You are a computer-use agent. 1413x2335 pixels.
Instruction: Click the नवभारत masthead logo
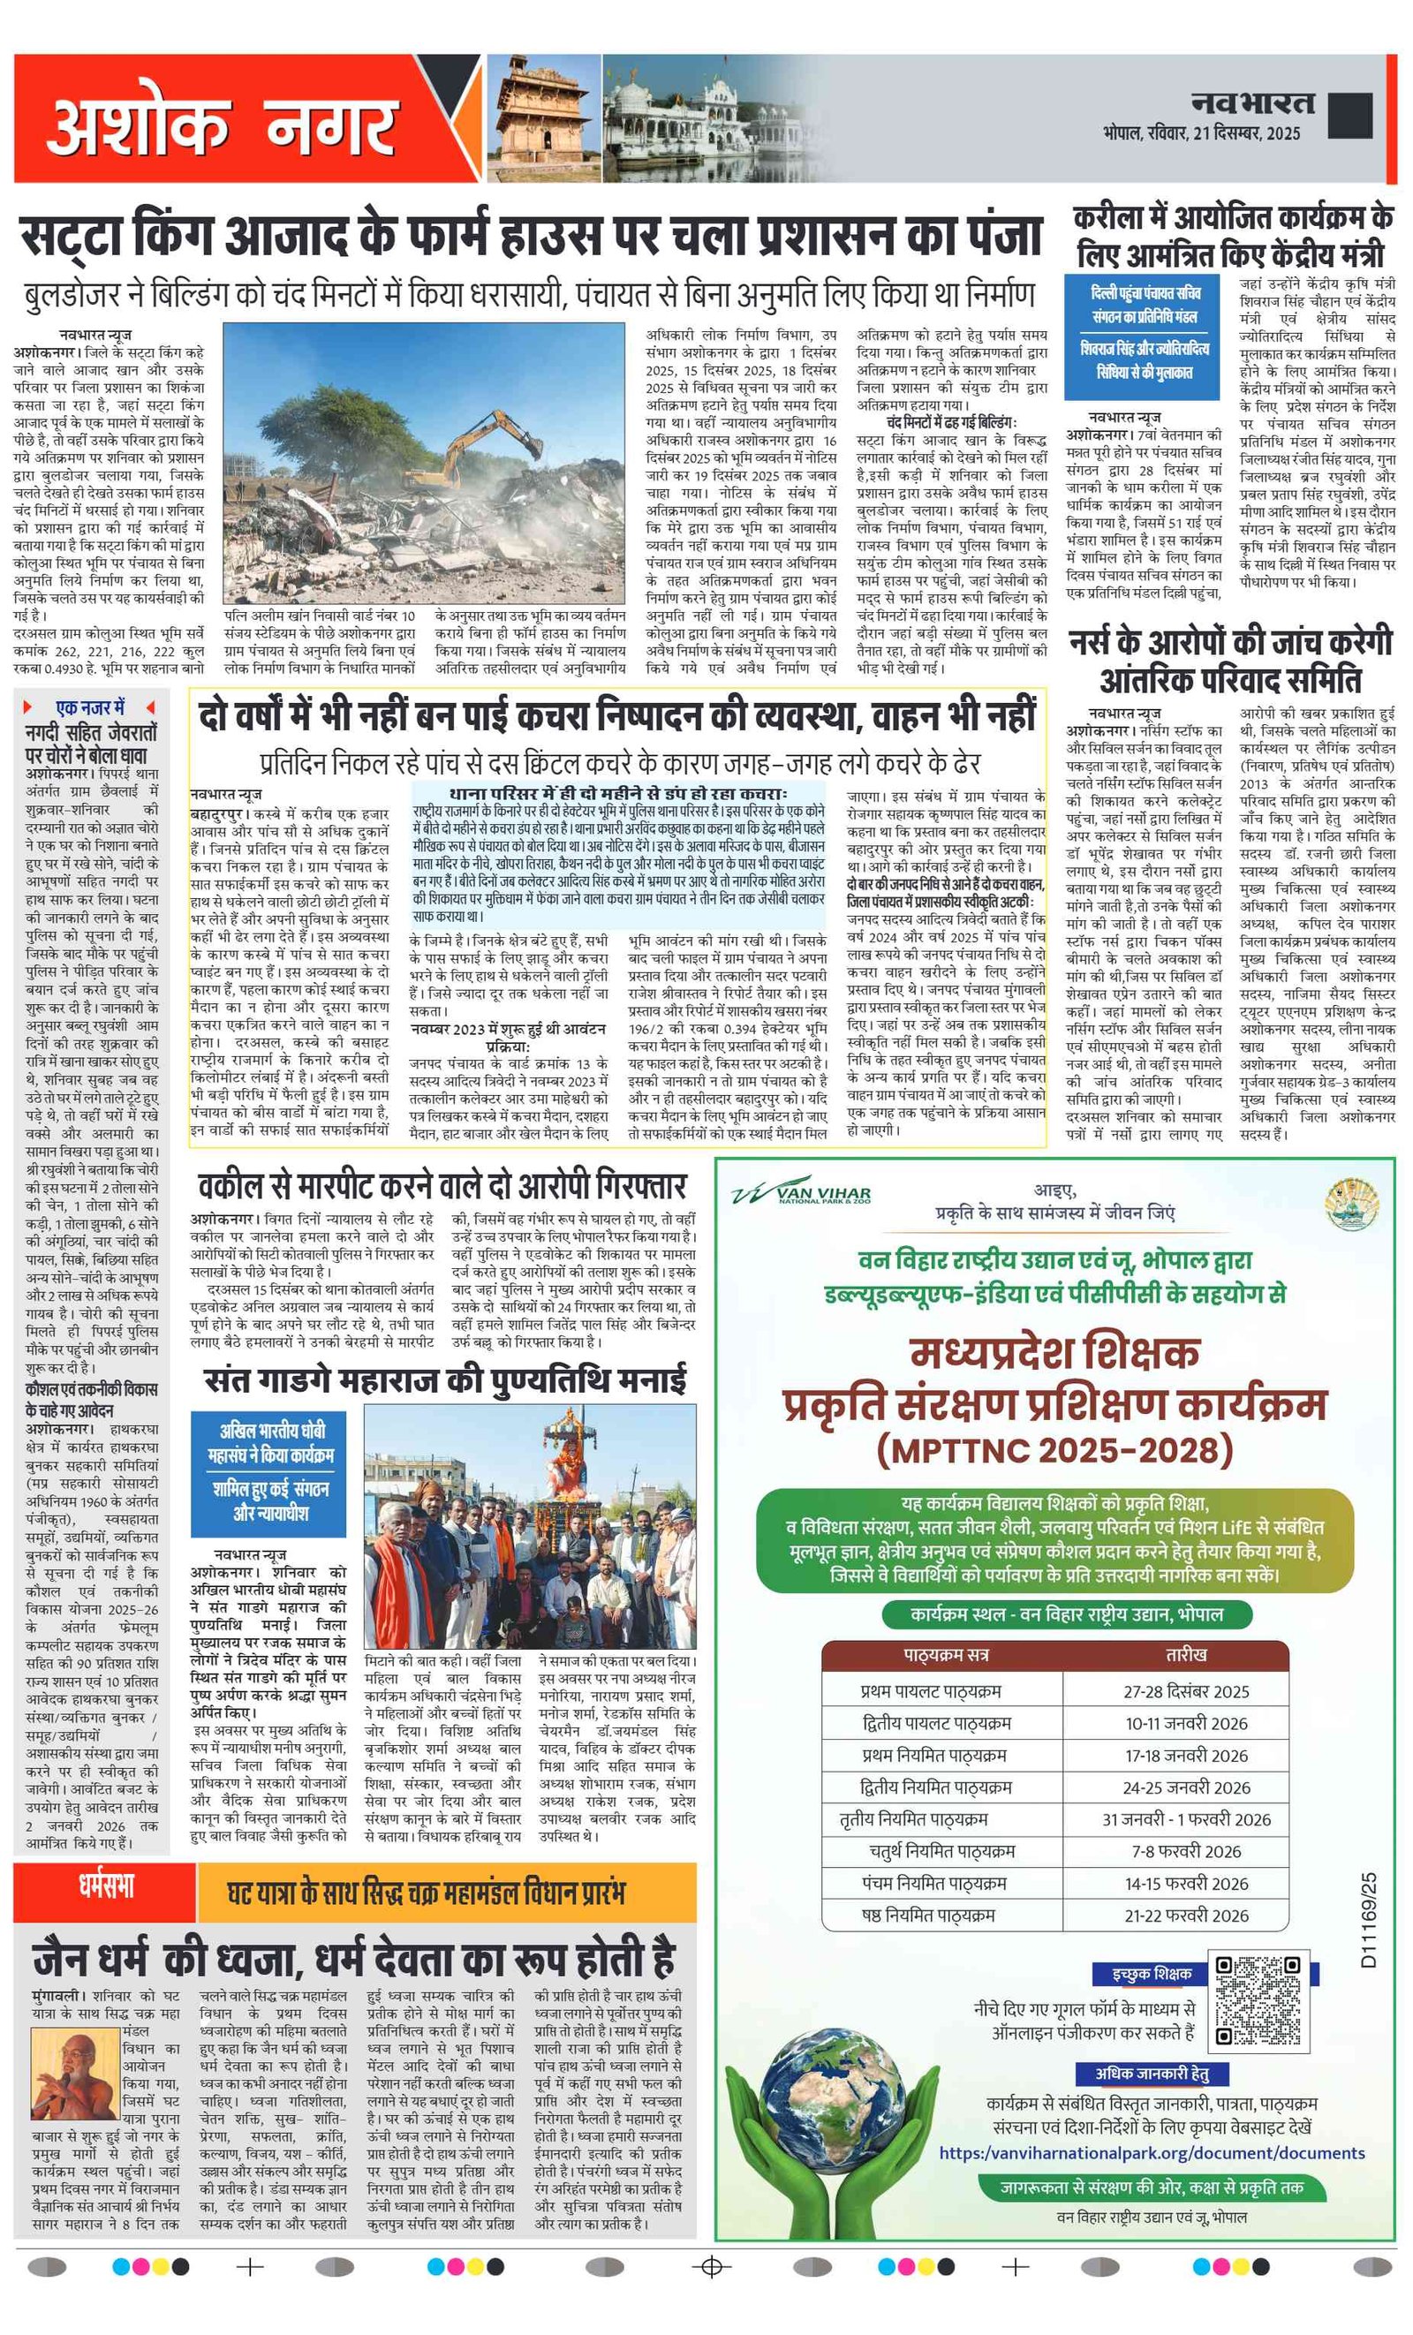point(1252,102)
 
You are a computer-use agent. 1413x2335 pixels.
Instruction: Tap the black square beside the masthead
point(1349,116)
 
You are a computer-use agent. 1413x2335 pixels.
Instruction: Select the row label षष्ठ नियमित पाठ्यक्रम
point(928,1916)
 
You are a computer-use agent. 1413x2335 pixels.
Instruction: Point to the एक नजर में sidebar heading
point(89,707)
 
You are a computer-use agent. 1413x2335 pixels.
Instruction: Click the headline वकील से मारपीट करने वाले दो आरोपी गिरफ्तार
point(442,1185)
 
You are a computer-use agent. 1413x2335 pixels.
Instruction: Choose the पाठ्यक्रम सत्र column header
point(946,1655)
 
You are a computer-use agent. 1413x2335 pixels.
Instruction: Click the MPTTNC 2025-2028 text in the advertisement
point(1054,1451)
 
